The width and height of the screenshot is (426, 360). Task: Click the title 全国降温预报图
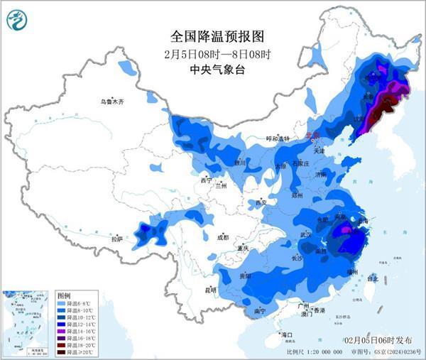click(208, 36)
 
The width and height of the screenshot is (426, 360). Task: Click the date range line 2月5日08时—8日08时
click(208, 53)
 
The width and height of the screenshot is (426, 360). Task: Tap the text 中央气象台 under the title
click(208, 69)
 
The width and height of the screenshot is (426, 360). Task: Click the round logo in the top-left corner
click(18, 19)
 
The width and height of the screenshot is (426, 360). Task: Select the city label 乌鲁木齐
click(111, 102)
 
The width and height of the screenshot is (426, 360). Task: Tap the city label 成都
click(222, 237)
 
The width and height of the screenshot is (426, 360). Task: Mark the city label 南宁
click(260, 310)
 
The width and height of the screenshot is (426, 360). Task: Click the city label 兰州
click(221, 186)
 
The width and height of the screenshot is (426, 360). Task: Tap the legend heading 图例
click(64, 295)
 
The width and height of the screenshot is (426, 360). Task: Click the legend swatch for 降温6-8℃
click(62, 303)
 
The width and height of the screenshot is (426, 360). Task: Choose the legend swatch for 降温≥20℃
click(62, 352)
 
